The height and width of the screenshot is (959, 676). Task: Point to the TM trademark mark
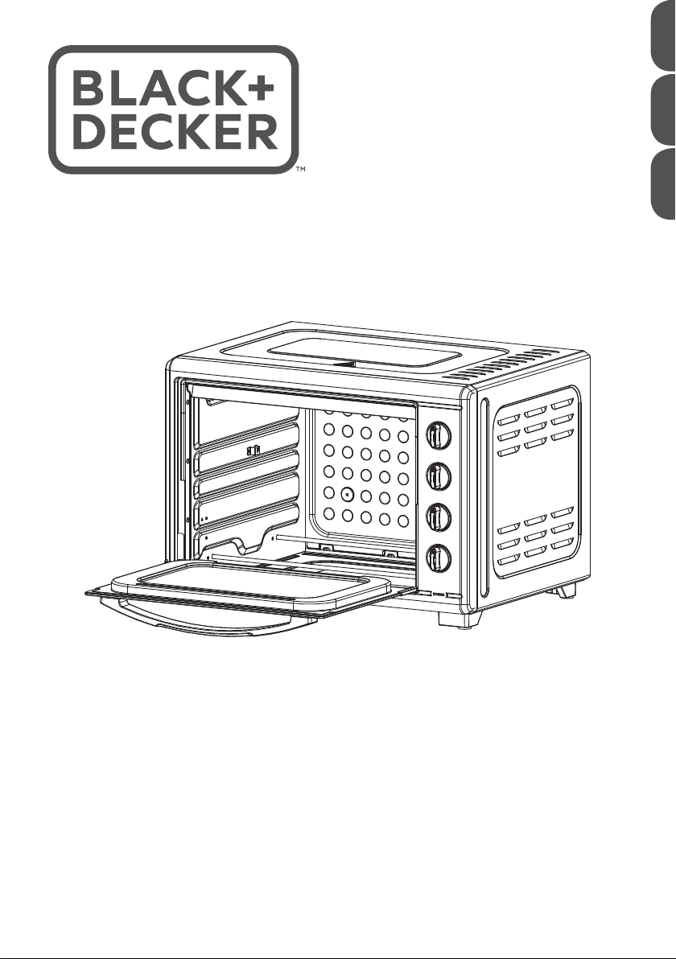point(300,171)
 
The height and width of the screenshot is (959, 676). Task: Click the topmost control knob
point(438,437)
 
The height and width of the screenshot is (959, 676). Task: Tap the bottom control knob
point(438,558)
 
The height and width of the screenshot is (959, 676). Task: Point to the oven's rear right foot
point(566,593)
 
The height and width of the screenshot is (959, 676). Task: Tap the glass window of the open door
point(249,585)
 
